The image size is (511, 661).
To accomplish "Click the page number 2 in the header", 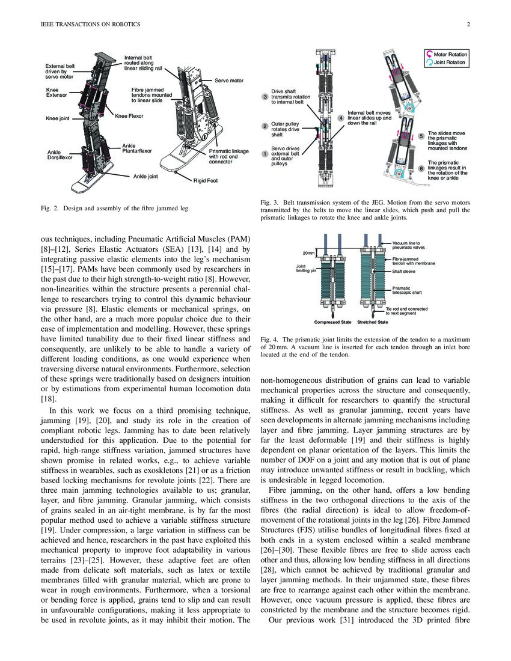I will [x=467, y=25].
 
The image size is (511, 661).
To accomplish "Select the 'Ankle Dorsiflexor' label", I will [x=60, y=154].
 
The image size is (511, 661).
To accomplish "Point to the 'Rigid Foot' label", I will [x=205, y=180].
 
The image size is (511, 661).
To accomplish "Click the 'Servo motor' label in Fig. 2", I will [x=229, y=80].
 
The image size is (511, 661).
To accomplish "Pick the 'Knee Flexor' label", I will [x=129, y=115].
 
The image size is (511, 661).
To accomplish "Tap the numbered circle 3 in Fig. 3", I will [x=265, y=97].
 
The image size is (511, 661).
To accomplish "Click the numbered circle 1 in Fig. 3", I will [x=265, y=154].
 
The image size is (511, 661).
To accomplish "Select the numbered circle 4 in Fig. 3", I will [x=341, y=118].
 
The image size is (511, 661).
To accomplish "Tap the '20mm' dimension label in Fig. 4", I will [x=308, y=253].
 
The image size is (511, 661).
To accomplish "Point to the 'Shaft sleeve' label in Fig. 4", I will [x=405, y=272].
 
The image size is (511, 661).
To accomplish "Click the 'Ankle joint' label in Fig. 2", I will [x=145, y=177].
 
